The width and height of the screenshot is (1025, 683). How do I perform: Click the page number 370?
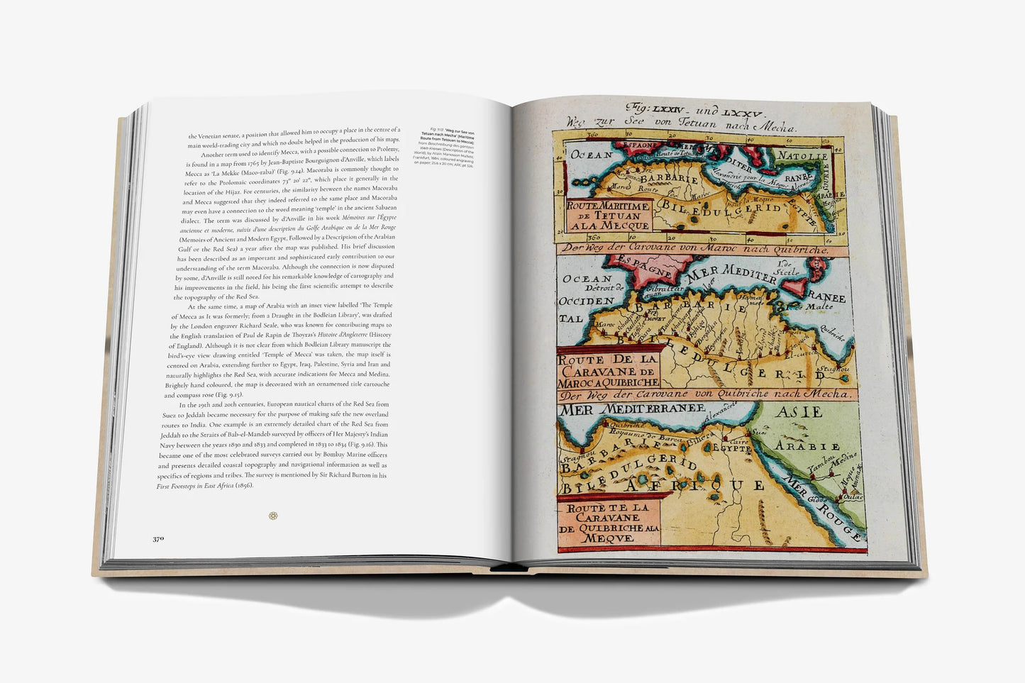(x=158, y=538)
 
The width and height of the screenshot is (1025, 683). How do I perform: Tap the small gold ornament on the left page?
(x=273, y=516)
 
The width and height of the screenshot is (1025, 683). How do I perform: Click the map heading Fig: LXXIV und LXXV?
(x=694, y=111)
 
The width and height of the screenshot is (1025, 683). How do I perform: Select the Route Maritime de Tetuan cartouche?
(x=608, y=216)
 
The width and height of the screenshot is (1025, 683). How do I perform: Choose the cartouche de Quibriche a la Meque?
(x=609, y=523)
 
